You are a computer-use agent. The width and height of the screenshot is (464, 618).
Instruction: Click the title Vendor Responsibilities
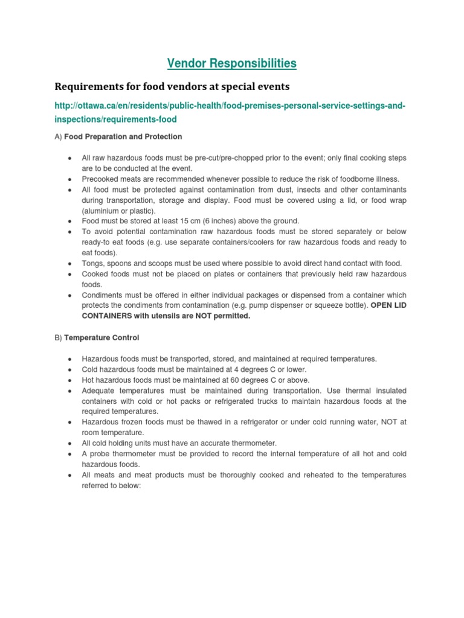coord(232,63)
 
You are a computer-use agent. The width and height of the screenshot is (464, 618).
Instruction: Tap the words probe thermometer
coord(118,454)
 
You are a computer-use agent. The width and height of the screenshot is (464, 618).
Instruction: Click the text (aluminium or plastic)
coord(119,211)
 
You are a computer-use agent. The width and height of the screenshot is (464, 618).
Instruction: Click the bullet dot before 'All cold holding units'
coord(70,444)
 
